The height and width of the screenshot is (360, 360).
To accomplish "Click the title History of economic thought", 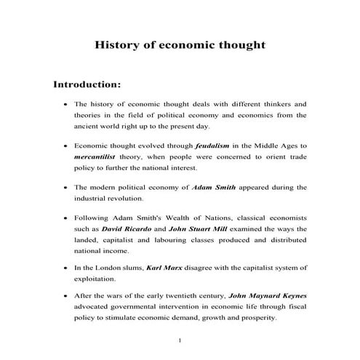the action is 180,45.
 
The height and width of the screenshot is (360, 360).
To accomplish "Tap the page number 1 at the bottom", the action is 179,342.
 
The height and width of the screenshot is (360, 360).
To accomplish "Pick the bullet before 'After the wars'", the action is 66,297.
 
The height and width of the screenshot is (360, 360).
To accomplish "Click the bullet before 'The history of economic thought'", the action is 66,104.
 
